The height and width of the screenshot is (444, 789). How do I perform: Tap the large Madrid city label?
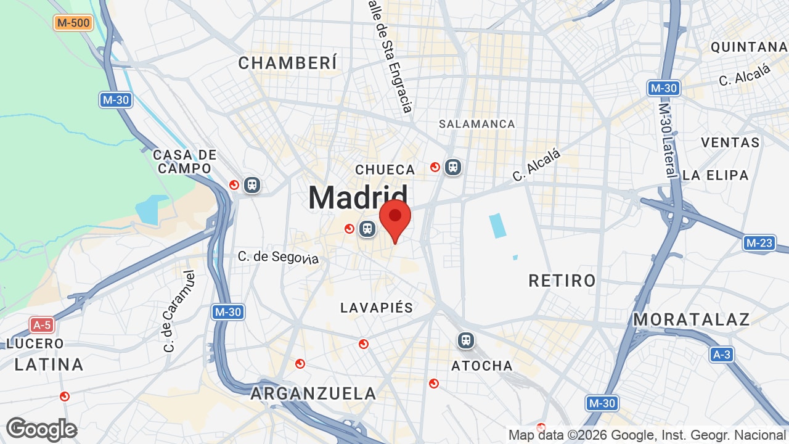358,198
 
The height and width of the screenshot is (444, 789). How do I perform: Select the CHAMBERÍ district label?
288,63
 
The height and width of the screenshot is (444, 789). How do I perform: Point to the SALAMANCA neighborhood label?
476,124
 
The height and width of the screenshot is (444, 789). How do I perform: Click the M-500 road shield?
73,23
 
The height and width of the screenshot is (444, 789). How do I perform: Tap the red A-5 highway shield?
42,325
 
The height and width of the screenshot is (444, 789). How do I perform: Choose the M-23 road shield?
759,243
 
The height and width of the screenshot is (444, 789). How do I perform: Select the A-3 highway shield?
721,355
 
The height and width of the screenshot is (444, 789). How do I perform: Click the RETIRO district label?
562,281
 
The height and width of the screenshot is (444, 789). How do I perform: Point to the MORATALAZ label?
692,319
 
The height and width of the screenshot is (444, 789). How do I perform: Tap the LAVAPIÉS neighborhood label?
377,308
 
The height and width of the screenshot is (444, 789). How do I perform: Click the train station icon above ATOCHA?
465,340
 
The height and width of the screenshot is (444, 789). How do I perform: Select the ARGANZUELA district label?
313,393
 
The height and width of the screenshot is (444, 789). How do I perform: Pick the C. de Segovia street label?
279,257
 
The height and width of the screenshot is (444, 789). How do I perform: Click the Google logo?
41,429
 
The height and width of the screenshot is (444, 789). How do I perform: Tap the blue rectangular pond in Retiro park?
497,226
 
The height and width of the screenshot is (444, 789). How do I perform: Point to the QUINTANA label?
748,47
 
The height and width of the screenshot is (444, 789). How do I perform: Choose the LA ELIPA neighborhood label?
715,175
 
